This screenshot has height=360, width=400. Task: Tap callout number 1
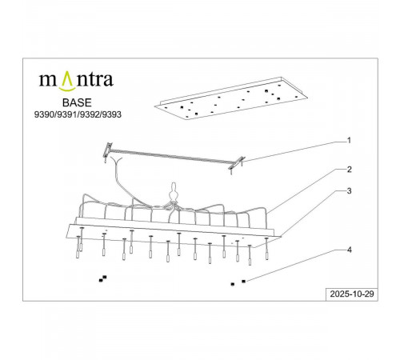[x=348, y=141]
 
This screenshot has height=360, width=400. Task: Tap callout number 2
[x=348, y=170]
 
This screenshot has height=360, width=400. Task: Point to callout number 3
[x=348, y=192]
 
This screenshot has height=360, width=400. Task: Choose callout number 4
[x=348, y=250]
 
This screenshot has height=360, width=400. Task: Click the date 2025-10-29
[x=352, y=294]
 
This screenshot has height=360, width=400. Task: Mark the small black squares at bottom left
[x=102, y=278]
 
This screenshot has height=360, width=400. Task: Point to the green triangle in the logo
[x=66, y=78]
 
